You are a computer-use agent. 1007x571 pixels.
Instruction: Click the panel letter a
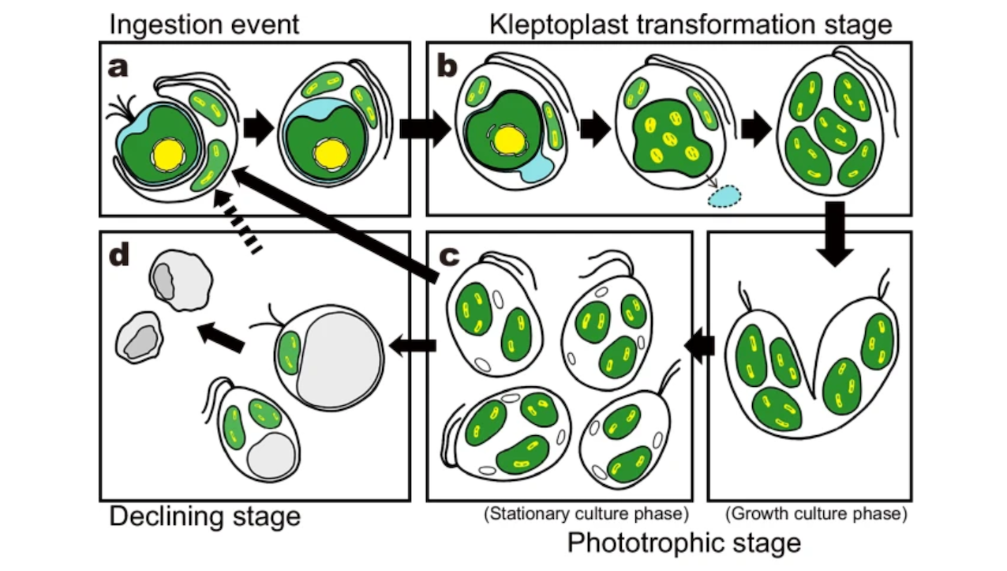click(x=118, y=68)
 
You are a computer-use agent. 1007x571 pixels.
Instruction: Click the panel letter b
click(x=447, y=67)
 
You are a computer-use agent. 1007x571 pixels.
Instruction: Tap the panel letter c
click(x=448, y=258)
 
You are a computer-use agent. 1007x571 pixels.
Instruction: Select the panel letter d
click(x=119, y=258)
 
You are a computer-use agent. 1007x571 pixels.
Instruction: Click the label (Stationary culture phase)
click(x=586, y=514)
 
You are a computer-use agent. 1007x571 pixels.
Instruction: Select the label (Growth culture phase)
click(x=815, y=514)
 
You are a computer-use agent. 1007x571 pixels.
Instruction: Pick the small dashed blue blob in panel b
click(x=724, y=195)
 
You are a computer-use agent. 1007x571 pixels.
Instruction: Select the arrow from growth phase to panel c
click(x=699, y=345)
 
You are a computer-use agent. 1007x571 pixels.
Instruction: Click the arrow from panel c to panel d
click(x=413, y=345)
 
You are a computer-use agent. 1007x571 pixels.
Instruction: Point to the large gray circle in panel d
click(x=339, y=358)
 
